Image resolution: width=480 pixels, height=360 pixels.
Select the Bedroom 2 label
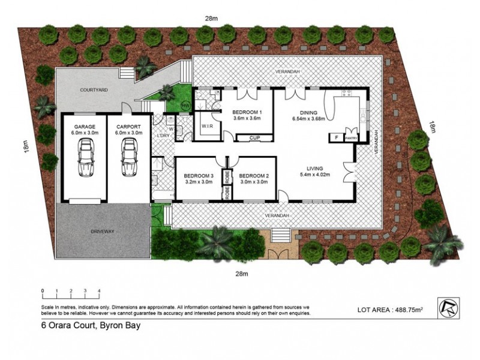[x=254, y=175]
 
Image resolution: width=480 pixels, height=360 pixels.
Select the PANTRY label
[x=352, y=138]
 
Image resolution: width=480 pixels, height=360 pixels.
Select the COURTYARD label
[x=94, y=91]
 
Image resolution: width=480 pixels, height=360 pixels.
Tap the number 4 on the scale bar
[x=98, y=291]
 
